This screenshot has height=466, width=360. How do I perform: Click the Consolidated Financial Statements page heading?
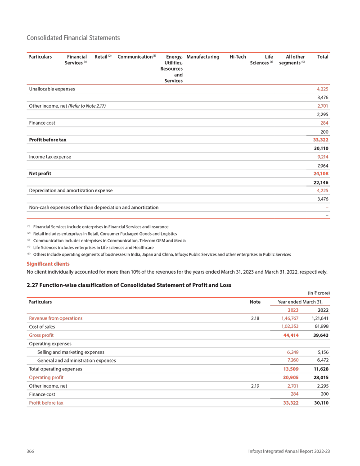click(x=73, y=38)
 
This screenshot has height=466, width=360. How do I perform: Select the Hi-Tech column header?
click(x=238, y=57)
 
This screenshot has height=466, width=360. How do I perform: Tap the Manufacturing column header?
click(x=202, y=57)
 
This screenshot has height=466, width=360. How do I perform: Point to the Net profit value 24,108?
click(x=321, y=173)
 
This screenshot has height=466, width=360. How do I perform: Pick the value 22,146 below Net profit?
click(x=321, y=182)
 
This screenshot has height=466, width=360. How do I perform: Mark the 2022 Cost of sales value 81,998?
click(x=321, y=326)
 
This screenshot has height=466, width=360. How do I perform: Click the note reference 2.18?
click(x=255, y=318)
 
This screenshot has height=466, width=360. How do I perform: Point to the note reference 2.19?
click(x=255, y=386)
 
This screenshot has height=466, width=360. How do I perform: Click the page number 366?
click(x=31, y=451)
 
